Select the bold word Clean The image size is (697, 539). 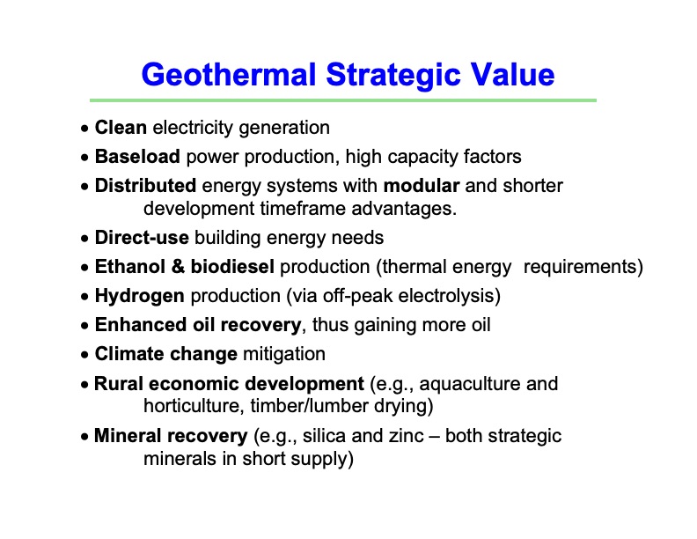click(x=121, y=128)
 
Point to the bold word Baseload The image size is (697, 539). click(x=137, y=157)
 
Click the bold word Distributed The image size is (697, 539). click(x=145, y=186)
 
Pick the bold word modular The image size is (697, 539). click(x=422, y=186)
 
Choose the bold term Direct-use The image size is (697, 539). click(x=142, y=238)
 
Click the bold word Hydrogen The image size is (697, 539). click(x=140, y=296)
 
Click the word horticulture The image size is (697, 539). click(x=191, y=406)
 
